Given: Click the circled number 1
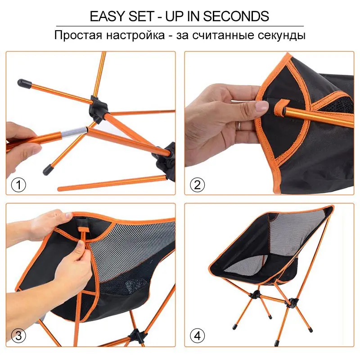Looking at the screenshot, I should pos(18,184).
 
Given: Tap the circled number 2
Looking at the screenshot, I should pos(198,184).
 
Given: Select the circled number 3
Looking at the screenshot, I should pos(18,336).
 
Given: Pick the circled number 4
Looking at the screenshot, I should pos(198,336).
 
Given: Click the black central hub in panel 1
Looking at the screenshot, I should pos(99,104).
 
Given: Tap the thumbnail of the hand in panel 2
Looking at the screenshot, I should pos(261,106).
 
